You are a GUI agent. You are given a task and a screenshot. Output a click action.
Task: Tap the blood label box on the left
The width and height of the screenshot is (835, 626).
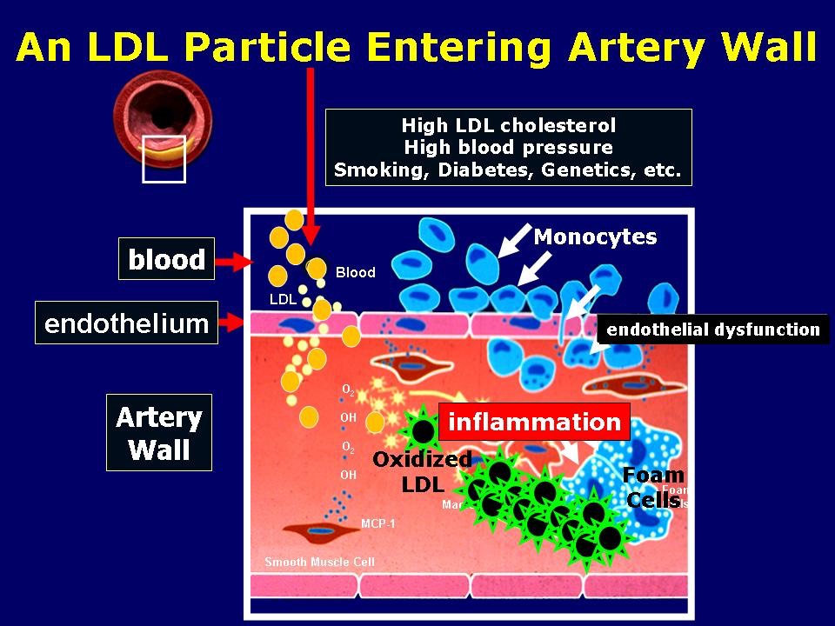[x=166, y=259]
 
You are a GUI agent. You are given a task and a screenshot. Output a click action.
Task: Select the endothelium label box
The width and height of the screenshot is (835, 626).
[x=126, y=324]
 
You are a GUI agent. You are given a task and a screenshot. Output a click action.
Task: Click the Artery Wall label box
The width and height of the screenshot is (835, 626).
[x=159, y=434]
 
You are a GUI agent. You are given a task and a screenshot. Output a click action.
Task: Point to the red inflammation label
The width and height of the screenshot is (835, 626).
[x=533, y=423]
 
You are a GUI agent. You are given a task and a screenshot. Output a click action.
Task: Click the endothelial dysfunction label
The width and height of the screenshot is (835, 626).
[x=713, y=330]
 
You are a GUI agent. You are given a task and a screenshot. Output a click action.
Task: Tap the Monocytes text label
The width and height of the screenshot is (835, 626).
[x=595, y=236]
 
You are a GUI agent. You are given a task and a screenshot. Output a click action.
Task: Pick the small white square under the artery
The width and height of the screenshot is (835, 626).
[x=164, y=159]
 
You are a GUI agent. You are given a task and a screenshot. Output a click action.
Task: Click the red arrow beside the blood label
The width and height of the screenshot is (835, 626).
[x=233, y=260]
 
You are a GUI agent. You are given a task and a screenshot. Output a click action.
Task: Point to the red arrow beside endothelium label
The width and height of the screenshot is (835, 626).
[x=233, y=324]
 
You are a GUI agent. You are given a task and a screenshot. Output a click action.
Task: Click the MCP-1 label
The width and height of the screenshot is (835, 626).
[x=378, y=524]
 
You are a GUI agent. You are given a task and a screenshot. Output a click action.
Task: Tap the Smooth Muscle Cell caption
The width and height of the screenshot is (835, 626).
[x=319, y=562]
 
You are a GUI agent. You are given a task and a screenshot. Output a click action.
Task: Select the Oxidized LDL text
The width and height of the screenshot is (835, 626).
[x=422, y=471]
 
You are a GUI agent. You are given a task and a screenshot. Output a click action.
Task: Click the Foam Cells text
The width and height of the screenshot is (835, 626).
[x=654, y=487]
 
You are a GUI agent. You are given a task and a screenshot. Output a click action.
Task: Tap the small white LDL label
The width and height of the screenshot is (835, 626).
[x=284, y=300]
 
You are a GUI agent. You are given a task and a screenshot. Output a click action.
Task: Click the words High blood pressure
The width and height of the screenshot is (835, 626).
[x=508, y=147]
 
